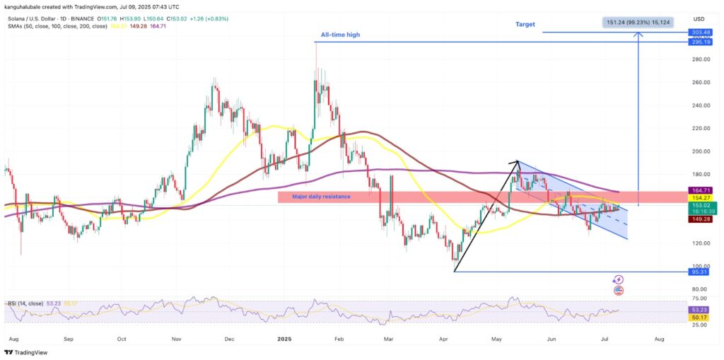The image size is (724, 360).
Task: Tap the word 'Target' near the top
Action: pyautogui.click(x=525, y=24)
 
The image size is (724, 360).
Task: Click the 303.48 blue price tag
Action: pyautogui.click(x=701, y=33)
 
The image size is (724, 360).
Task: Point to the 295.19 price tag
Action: pyautogui.click(x=701, y=42)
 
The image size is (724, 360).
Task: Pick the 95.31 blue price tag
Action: pyautogui.click(x=701, y=272)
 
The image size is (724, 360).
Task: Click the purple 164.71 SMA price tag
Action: pyautogui.click(x=701, y=190)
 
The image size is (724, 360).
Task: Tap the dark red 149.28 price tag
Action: pyautogui.click(x=701, y=219)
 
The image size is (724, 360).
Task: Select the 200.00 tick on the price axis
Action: pyautogui.click(x=701, y=151)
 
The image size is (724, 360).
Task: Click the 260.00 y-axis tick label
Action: pyautogui.click(x=701, y=83)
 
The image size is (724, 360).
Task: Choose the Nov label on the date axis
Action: pyautogui.click(x=176, y=339)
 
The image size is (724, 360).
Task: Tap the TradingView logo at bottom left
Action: pyautogui.click(x=28, y=353)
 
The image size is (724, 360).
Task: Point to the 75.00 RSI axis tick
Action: pyautogui.click(x=700, y=300)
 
